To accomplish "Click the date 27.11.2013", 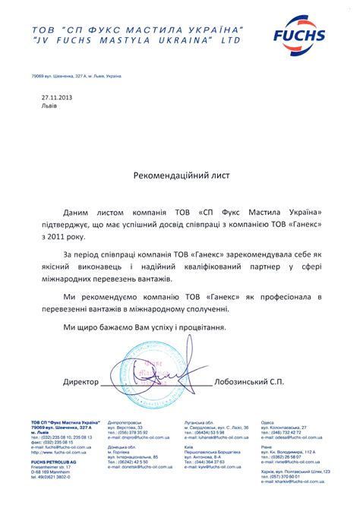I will coord(56,97).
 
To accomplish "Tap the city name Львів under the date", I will coord(49,107).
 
